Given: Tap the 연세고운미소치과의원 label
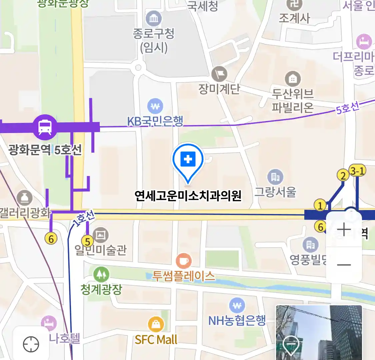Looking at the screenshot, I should [188, 196].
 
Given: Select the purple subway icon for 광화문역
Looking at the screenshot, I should [45, 127].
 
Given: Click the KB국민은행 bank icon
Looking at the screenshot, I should [155, 107].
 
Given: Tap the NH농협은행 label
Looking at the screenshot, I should [237, 321].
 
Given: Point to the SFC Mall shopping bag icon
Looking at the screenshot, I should [156, 324].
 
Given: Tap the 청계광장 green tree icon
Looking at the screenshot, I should [101, 274].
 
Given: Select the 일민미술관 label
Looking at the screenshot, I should [101, 250].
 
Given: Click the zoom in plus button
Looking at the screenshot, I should [344, 230].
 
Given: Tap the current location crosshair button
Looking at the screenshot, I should [31, 344].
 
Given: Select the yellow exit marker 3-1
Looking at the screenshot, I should [357, 171].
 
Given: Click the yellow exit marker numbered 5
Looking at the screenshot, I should [87, 241].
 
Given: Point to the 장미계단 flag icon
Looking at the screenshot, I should [219, 74].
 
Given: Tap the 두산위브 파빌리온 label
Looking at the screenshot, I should [293, 100].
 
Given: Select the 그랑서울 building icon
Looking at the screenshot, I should [275, 177].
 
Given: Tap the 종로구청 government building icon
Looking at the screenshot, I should [154, 19].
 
